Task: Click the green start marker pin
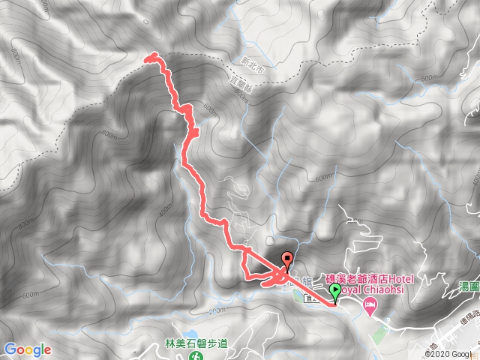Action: pos(334,292)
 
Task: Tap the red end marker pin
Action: pos(287,261)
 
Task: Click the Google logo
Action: pos(27,349)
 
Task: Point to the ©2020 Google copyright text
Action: pos(449,354)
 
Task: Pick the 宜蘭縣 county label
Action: pos(238,86)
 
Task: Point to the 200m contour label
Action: pos(217,310)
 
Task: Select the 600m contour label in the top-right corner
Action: pos(430,78)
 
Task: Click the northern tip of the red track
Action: pos(151,56)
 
